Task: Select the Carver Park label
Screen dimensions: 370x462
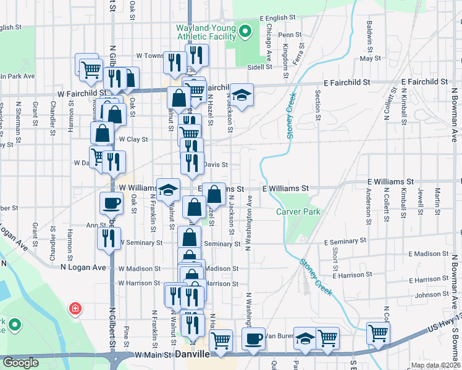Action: pos(298,211)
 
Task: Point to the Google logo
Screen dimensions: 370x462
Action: pos(20,363)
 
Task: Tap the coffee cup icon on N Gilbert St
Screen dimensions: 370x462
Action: pos(112,202)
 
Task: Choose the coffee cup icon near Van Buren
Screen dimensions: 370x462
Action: pos(253,338)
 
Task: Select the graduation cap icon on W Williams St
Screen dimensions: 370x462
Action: pos(167,189)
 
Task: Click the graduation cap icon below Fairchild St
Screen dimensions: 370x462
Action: pos(241,94)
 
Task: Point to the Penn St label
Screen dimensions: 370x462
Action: pos(290,35)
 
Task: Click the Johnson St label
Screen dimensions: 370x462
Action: pos(432,295)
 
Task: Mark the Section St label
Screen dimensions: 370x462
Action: pos(318,105)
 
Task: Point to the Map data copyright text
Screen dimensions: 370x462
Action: pos(435,365)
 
